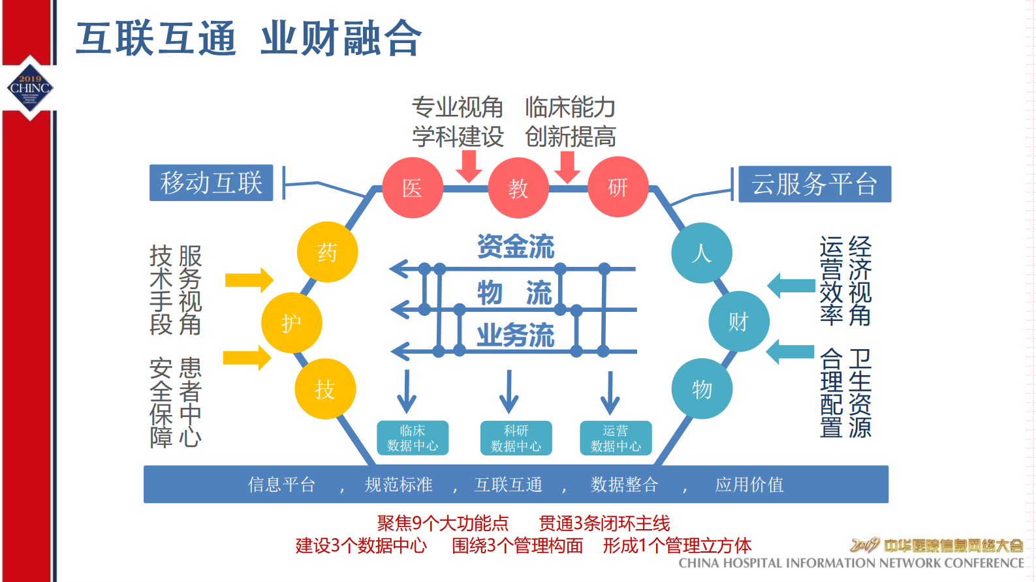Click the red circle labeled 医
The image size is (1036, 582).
point(413,187)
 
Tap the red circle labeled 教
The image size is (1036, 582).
point(518,188)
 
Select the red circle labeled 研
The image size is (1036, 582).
point(618,187)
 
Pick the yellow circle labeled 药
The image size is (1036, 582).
point(327,252)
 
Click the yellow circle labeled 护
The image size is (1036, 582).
point(291,322)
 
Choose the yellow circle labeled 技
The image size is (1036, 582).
point(325,389)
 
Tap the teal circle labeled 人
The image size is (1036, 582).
point(702,253)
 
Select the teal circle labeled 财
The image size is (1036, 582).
point(738,321)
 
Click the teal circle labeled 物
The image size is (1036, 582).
point(702,389)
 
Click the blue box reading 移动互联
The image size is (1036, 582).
point(211,183)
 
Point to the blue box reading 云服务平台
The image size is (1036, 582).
point(814,184)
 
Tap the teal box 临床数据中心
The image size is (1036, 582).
point(413,438)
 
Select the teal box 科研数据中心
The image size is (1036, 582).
point(516,438)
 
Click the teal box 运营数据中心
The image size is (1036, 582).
point(616,438)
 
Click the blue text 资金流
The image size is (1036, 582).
point(516,247)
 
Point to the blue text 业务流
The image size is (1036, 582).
point(516,335)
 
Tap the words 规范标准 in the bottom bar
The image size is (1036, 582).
point(398,485)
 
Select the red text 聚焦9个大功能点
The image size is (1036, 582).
point(442,523)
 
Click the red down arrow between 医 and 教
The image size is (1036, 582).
point(469,166)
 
